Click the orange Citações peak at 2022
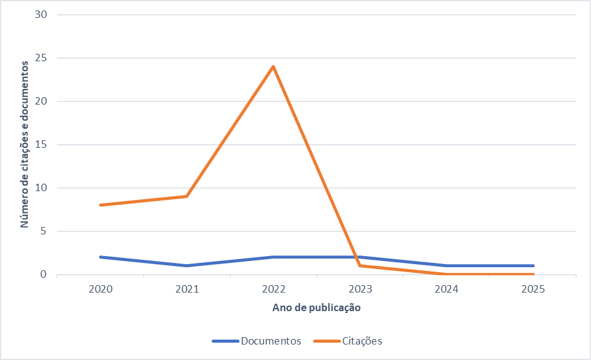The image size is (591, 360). pyautogui.click(x=273, y=67)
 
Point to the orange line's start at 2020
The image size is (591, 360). pyautogui.click(x=100, y=205)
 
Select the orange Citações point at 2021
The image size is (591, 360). pyautogui.click(x=186, y=196)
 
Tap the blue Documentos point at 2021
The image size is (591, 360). pyautogui.click(x=186, y=265)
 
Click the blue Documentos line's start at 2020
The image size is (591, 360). pyautogui.click(x=100, y=257)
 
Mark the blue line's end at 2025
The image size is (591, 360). pyautogui.click(x=533, y=265)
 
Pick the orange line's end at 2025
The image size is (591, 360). pyautogui.click(x=533, y=274)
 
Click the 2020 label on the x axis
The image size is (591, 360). pyautogui.click(x=100, y=289)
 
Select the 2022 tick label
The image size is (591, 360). pyautogui.click(x=273, y=289)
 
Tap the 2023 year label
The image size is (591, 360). pyautogui.click(x=360, y=289)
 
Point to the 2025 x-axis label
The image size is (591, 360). pyautogui.click(x=533, y=289)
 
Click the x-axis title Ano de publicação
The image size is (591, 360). pyautogui.click(x=316, y=307)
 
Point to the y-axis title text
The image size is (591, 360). pyautogui.click(x=25, y=145)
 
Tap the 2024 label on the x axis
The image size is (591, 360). pyautogui.click(x=446, y=289)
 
